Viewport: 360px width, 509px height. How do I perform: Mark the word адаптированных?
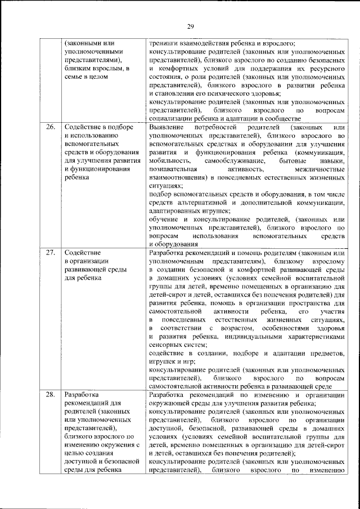[175, 211]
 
